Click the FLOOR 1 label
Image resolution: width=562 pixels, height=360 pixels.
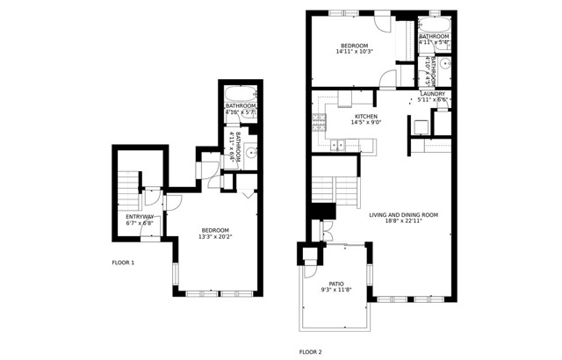pos(123,263)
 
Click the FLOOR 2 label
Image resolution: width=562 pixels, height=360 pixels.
pos(311,351)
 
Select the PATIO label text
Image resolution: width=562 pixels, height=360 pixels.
pos(336,284)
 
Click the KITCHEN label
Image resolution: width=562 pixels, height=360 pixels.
pos(365,116)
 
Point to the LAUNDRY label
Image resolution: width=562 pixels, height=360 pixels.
pos(433,94)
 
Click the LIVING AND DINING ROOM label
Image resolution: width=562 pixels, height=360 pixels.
pos(403,214)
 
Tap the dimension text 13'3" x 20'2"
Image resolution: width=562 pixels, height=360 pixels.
pos(215,236)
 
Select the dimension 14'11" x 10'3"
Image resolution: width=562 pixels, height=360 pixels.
pos(355,51)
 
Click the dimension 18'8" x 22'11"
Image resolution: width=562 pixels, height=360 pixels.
pos(403,221)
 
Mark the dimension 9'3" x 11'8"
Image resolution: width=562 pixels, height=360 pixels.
pos(336,290)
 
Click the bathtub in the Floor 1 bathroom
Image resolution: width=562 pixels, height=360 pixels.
pos(240,93)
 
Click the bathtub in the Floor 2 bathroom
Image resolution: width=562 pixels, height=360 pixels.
pos(435,24)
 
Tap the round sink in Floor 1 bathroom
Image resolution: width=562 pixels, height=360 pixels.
pos(250,153)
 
